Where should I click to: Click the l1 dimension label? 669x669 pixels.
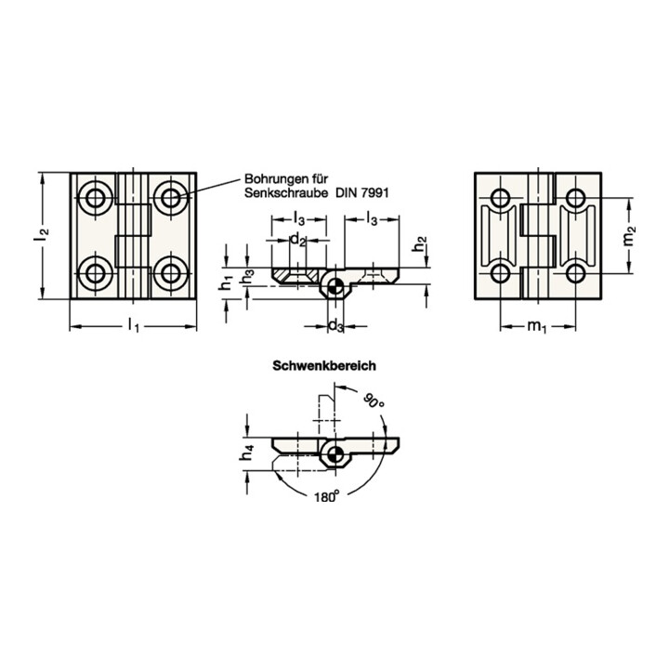click(x=134, y=327)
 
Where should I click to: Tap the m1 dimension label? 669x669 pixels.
click(x=537, y=327)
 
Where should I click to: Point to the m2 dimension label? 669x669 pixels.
click(x=629, y=236)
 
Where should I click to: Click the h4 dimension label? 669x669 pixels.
click(x=247, y=453)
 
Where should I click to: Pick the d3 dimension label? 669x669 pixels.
click(x=335, y=326)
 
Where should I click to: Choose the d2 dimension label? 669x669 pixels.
click(x=298, y=241)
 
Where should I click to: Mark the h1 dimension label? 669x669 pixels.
click(x=226, y=282)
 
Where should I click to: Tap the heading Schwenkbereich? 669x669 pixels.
click(x=324, y=366)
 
